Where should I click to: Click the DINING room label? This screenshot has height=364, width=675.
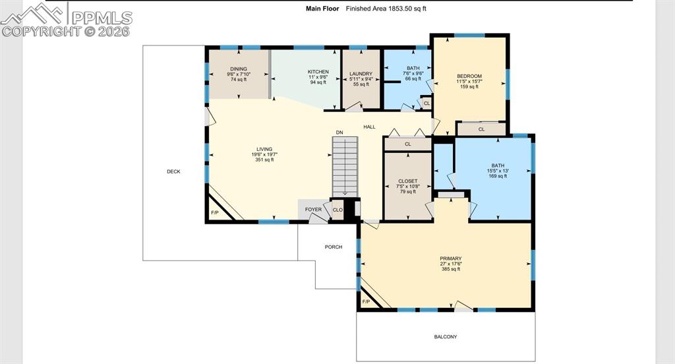tap(239, 69)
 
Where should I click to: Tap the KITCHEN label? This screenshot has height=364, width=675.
tap(318, 72)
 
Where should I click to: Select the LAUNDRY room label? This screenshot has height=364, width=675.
tap(361, 74)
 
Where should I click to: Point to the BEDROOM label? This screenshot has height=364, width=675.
tap(469, 76)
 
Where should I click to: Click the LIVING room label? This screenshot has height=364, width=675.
tap(264, 150)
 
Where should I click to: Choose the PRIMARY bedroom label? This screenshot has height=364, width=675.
tap(451, 259)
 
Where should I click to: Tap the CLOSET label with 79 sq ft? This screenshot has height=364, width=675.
tap(407, 181)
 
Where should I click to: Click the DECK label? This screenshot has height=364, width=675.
tap(173, 171)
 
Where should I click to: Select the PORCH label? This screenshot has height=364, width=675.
tap(334, 247)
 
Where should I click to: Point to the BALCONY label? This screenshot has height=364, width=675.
tap(446, 337)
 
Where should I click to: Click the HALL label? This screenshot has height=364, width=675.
tap(369, 127)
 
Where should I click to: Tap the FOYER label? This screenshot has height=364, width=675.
tap(313, 210)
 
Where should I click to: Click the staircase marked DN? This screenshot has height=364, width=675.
tap(345, 167)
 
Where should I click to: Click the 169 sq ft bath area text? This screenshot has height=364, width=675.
tap(498, 176)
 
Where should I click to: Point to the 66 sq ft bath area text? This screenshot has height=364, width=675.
tap(413, 79)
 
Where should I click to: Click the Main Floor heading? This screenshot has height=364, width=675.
tap(322, 8)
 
